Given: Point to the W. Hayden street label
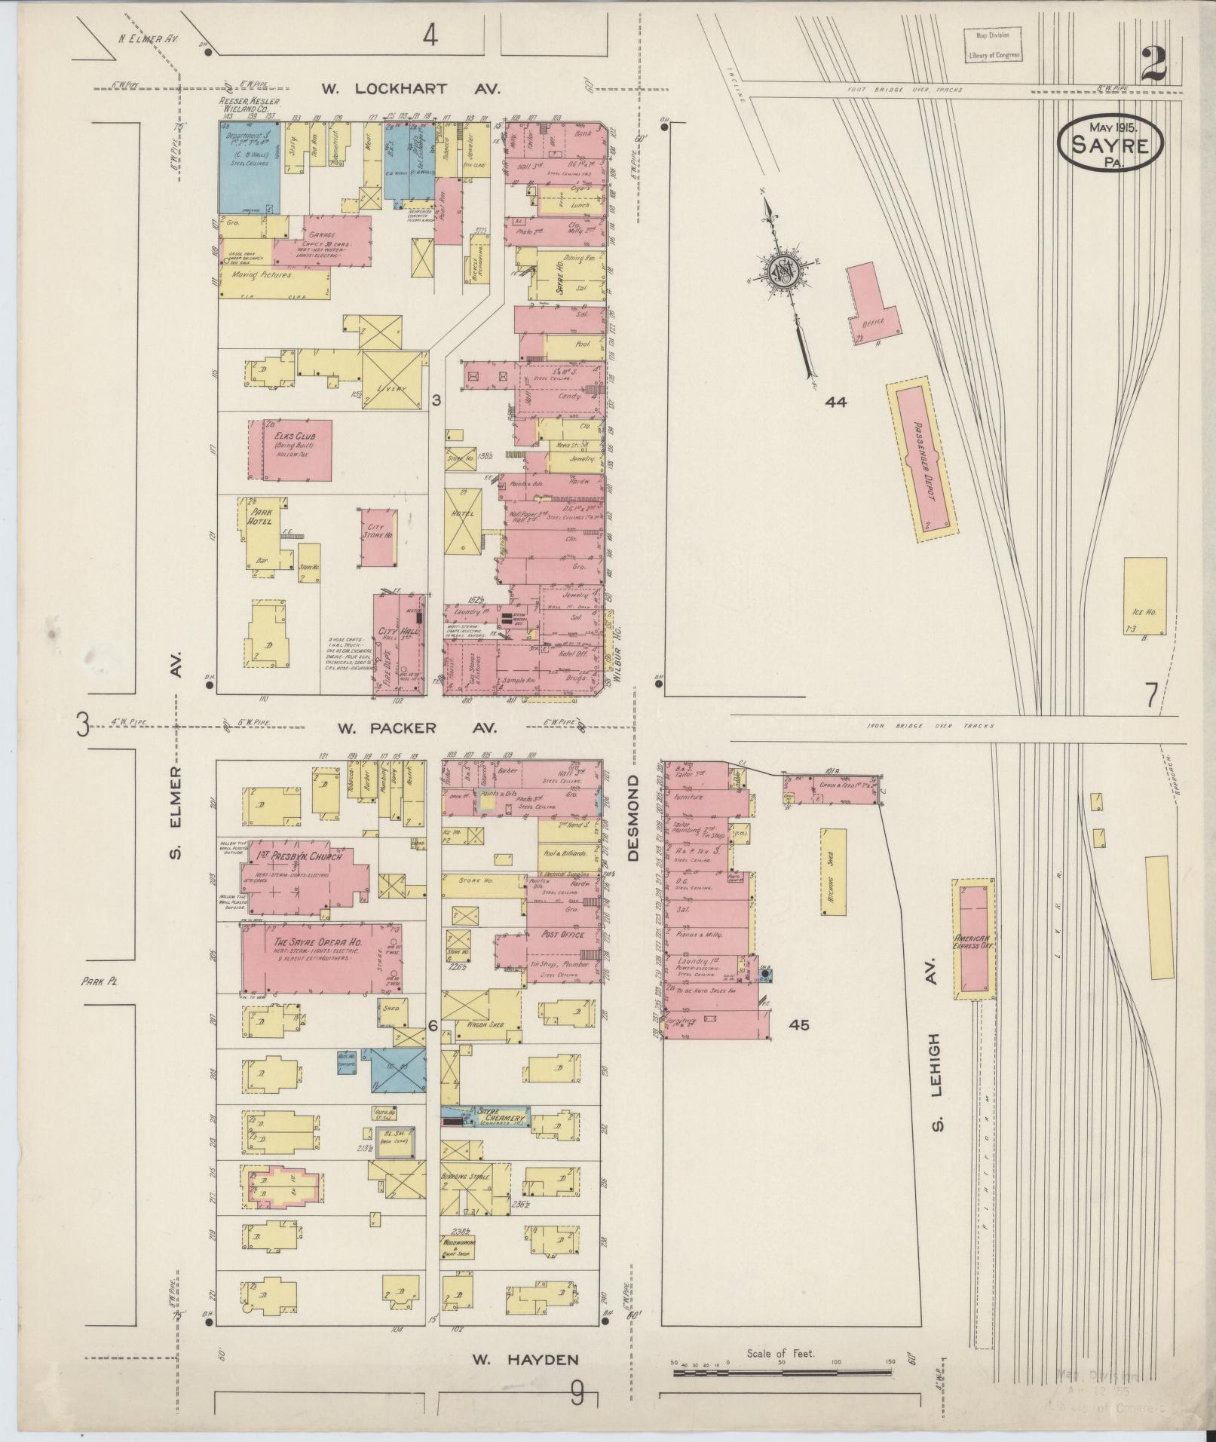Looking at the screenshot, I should (x=525, y=1360).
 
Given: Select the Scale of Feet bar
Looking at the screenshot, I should (x=782, y=1373).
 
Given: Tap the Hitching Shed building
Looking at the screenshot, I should (x=832, y=871).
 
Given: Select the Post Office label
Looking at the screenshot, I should (x=563, y=934).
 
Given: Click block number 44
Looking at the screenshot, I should (x=835, y=402).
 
